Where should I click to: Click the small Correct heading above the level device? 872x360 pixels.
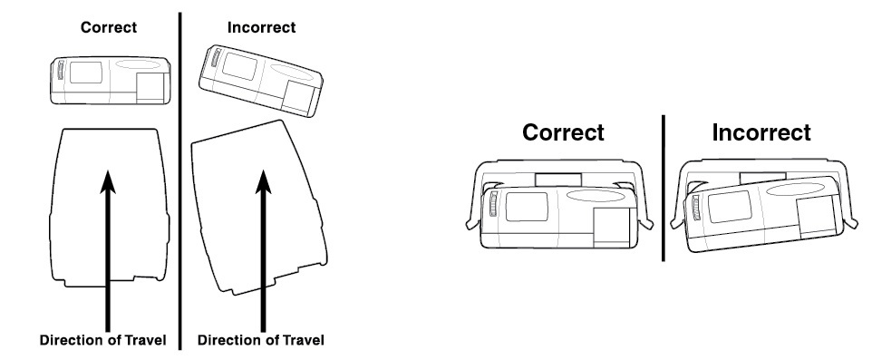[x=109, y=27]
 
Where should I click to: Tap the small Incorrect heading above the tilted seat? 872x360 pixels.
[x=261, y=27]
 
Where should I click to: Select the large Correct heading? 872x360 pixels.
[x=563, y=132]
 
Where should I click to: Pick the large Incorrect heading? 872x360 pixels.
[x=761, y=132]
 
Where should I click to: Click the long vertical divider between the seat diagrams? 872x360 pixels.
[x=179, y=181]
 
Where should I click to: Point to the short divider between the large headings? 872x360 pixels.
[x=663, y=188]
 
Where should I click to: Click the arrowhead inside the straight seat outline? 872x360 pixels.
[x=108, y=182]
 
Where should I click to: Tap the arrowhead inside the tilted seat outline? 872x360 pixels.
[x=263, y=182]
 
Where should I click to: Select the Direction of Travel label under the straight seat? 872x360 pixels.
[x=103, y=340]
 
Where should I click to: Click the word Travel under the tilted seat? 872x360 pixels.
[x=303, y=340]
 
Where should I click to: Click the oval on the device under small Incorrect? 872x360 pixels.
[x=292, y=73]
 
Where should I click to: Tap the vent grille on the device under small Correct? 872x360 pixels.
[x=60, y=71]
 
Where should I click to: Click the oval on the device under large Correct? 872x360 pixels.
[x=595, y=196]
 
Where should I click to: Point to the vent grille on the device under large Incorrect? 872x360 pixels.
[x=696, y=208]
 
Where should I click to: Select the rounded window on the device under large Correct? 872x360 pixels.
[x=526, y=207]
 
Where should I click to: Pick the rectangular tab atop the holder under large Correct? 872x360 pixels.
[x=557, y=180]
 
